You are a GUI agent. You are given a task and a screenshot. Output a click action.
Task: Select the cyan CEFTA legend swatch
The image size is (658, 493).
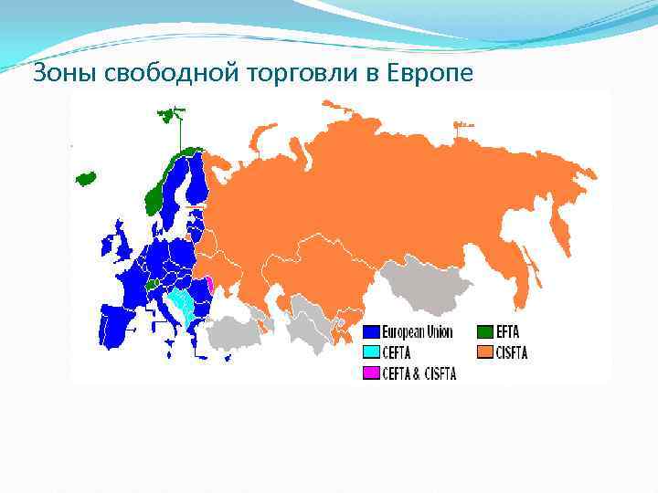pos(372,352)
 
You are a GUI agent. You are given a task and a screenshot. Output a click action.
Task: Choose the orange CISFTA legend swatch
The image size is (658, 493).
pos(484,352)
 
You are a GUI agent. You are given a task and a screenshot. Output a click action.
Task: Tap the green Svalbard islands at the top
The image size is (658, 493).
pos(169,116)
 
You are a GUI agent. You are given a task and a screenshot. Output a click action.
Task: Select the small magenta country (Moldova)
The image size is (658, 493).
pos(211,286)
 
